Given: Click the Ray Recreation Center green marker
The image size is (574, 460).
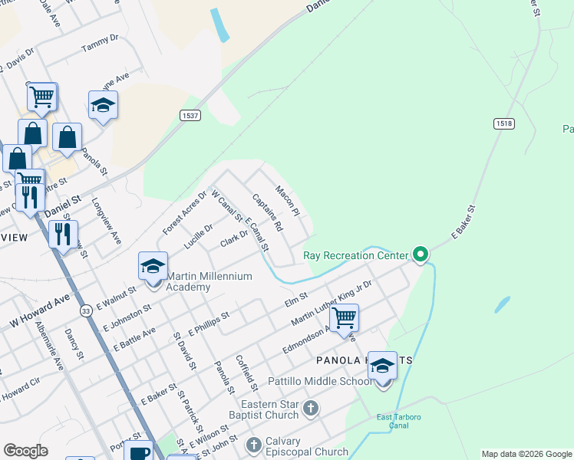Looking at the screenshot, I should tap(420, 254).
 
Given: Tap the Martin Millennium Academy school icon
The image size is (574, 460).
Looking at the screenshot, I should tap(153, 268).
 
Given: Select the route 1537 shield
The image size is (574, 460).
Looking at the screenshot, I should tap(191, 115).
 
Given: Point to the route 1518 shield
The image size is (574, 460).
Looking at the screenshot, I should tap(504, 123).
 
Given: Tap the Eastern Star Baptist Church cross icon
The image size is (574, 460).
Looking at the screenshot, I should tap(310, 407).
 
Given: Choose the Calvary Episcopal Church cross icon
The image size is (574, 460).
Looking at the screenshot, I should tap(254, 444).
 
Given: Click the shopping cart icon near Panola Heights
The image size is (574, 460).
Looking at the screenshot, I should tap(345, 317).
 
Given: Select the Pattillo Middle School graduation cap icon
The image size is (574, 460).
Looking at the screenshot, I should tap(382, 367).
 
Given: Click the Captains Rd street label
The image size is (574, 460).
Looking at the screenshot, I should tap(268, 212).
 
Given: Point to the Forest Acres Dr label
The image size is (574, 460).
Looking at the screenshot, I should tap(185, 212).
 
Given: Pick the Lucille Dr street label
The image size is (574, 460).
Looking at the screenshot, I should tap(199, 238).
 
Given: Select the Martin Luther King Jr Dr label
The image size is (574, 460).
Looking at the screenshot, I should tap(332, 301).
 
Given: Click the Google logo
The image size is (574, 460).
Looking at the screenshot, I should tap(26, 451).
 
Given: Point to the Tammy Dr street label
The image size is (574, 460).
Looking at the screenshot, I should tap(101, 42).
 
